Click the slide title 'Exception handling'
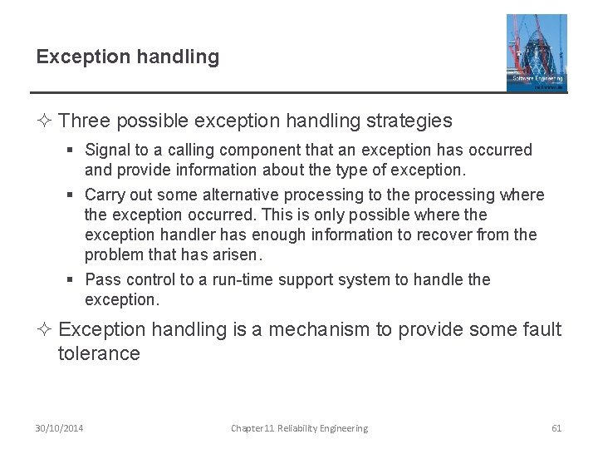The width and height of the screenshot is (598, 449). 128,57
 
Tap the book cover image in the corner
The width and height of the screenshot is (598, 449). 537,52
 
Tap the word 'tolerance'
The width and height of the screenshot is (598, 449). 99,354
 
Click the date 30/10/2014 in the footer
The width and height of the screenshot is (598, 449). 59,428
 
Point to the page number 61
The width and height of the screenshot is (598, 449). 556,428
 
